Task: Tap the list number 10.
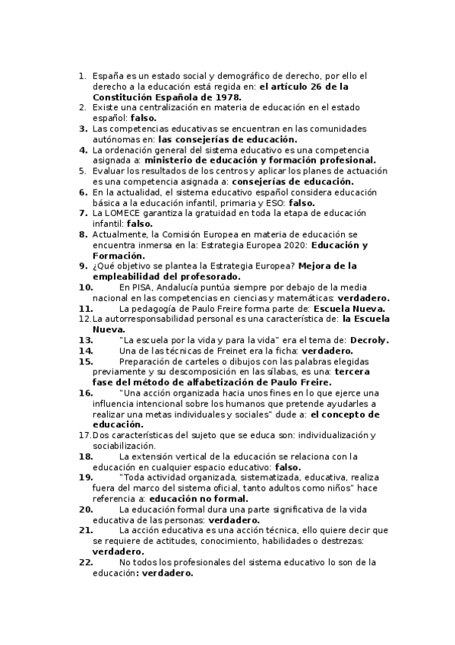coord(85,288)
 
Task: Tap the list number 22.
coord(85,562)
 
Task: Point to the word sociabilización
coord(123,446)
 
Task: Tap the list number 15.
coord(85,361)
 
